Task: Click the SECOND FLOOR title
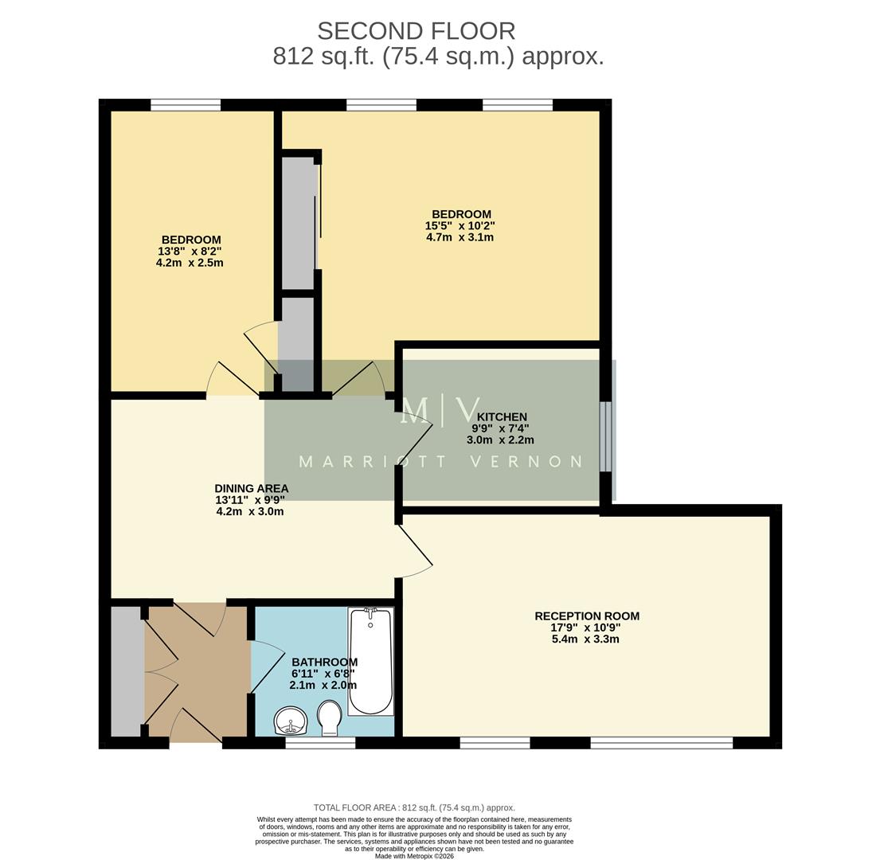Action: point(416,31)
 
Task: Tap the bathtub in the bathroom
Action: point(371,661)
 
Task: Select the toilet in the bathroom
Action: point(329,717)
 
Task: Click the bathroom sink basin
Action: point(291,721)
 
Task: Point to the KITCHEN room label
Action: point(502,416)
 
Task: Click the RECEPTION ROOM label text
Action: point(586,616)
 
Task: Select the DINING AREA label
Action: point(251,488)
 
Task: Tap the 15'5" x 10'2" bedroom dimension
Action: point(460,225)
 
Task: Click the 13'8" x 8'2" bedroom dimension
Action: point(190,251)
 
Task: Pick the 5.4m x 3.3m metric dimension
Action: point(585,639)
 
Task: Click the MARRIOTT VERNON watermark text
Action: point(440,462)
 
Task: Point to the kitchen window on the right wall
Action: point(606,436)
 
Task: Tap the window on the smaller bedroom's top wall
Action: point(186,104)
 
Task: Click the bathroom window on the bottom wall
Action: point(320,743)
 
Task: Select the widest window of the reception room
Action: point(661,743)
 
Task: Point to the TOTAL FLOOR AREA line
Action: point(414,807)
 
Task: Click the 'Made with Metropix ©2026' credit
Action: point(414,856)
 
